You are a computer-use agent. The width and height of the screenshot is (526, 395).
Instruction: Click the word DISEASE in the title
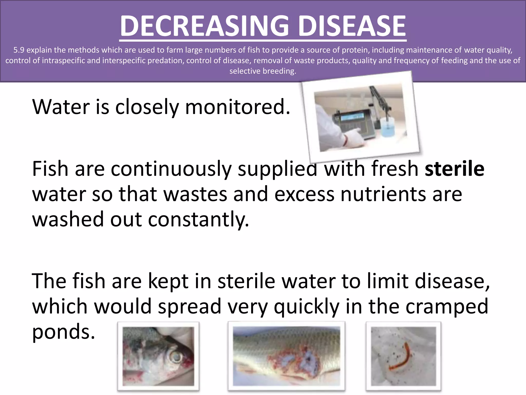tap(352, 26)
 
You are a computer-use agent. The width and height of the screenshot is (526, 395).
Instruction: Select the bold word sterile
tap(454, 169)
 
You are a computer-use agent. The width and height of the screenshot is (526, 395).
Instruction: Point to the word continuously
tap(171, 169)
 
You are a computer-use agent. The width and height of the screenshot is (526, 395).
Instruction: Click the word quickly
tap(306, 307)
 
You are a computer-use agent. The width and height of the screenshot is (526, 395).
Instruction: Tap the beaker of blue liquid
tap(389, 126)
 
